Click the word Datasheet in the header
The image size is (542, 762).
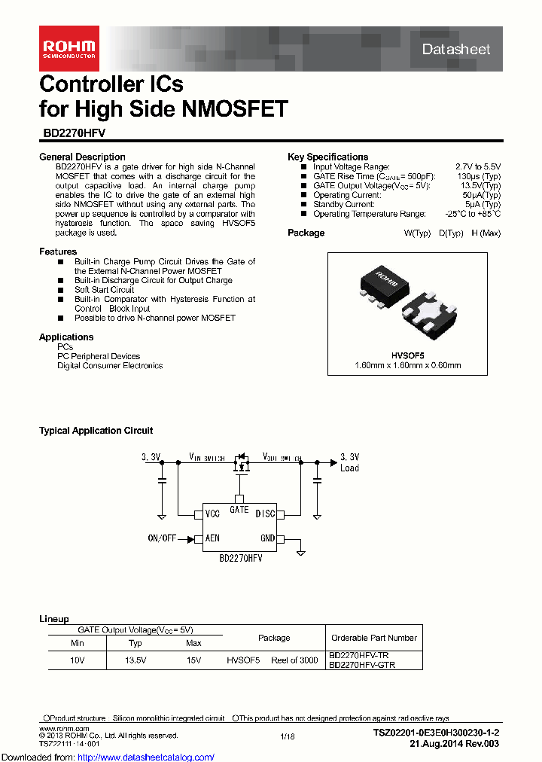click(x=456, y=50)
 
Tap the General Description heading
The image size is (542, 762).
click(x=82, y=157)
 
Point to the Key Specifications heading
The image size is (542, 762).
click(x=328, y=157)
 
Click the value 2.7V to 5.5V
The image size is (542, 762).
click(x=477, y=166)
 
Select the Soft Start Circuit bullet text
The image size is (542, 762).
click(x=104, y=290)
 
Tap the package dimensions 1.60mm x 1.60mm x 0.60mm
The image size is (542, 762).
click(x=407, y=365)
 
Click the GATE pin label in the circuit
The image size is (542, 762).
click(x=239, y=510)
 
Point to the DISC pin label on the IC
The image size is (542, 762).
click(x=264, y=514)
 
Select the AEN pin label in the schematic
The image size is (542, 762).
click(x=212, y=538)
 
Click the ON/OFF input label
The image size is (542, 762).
click(x=163, y=538)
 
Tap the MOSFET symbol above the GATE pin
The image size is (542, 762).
click(x=242, y=462)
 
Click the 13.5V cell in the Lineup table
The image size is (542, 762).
click(x=135, y=660)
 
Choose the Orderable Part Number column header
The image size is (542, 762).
click(x=374, y=638)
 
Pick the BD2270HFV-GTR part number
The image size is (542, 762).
click(x=362, y=665)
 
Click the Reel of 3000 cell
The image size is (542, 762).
click(x=294, y=660)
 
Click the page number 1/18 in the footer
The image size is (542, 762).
click(x=287, y=736)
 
